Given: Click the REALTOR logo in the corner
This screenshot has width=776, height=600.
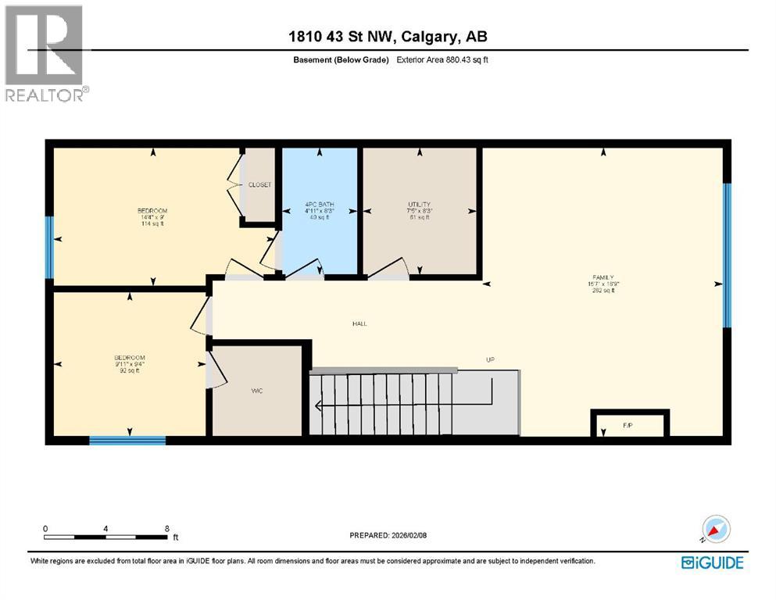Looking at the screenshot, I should pos(45,53).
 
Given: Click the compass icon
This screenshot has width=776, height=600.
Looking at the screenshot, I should pos(715,530).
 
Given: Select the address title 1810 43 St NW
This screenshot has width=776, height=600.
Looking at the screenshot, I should pos(388,37).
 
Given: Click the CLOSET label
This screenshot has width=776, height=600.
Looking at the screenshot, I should pos(259,185).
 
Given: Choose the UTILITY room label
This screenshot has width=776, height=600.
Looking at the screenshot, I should pos(419,205).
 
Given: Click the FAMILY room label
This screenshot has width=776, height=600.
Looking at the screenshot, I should pos(603,277).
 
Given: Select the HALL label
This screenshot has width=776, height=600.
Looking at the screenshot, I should pos(359,323).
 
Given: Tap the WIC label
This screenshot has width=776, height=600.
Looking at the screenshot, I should pos(256,391).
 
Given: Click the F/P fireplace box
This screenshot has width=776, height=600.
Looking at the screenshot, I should pos(628,426).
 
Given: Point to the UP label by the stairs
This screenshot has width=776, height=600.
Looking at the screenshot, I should pos(491,360).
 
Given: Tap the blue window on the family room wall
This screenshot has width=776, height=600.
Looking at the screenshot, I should pos(727,255).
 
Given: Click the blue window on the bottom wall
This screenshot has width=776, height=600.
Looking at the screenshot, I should pos(127,441).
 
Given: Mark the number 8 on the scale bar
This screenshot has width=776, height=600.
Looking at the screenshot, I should pos(167,529).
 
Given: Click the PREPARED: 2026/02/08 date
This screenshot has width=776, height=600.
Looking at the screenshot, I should pos(388,535).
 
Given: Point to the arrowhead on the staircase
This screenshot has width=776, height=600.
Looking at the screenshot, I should pos(319,405).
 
